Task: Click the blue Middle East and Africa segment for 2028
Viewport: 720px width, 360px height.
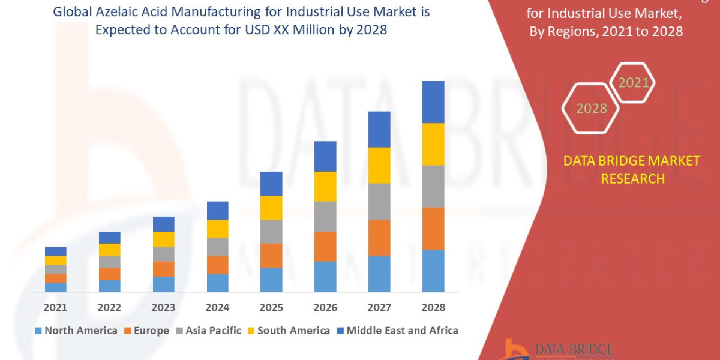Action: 433,102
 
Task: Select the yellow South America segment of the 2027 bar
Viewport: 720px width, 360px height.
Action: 379,165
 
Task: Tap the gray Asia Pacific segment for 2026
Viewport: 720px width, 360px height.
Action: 325,216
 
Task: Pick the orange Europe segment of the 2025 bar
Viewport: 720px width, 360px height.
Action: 271,255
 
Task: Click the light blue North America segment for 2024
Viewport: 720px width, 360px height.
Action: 217,283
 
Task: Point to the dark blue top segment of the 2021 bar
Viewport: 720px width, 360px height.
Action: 55,251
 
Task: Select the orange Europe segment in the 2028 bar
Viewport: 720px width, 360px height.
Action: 433,228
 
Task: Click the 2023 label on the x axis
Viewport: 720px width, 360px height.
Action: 163,307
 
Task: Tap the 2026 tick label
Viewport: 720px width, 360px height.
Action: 325,307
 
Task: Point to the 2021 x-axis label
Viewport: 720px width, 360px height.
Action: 55,307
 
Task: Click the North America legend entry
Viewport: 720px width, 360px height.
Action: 76,331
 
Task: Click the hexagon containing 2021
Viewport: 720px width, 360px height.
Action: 633,83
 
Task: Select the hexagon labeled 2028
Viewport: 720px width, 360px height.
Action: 591,109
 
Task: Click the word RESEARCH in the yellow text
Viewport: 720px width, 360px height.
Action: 632,179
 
